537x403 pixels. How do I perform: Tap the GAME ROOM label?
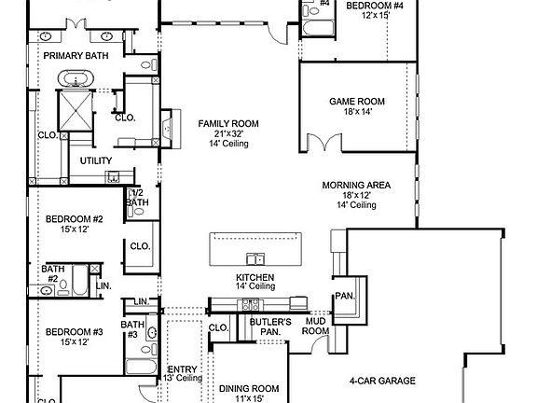point(356,101)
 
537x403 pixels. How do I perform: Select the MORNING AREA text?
point(356,185)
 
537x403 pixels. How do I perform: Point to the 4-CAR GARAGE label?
point(382,381)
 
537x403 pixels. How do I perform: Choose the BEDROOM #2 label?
point(74,219)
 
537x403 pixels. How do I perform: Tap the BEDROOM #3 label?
point(74,331)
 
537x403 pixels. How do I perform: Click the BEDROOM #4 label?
point(375,6)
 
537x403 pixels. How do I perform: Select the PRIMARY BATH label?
point(74,55)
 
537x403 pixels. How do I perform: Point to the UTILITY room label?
point(96,160)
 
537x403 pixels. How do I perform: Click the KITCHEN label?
point(255,278)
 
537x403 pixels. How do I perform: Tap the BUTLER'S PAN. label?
point(269,326)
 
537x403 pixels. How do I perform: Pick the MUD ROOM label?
point(316,326)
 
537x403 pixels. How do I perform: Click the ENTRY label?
point(182,368)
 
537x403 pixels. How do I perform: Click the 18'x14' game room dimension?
point(356,111)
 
